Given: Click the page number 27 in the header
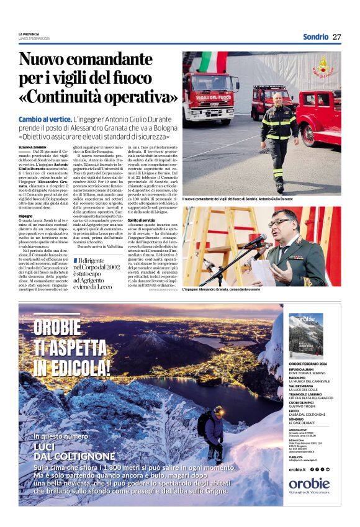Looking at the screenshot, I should coord(337,37).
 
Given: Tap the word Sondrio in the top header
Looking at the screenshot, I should coord(315,37).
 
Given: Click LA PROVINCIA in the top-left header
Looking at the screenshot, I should coord(29,34).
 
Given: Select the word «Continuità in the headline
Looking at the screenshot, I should coord(64,97).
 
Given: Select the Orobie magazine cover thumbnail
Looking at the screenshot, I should coord(306,336).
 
